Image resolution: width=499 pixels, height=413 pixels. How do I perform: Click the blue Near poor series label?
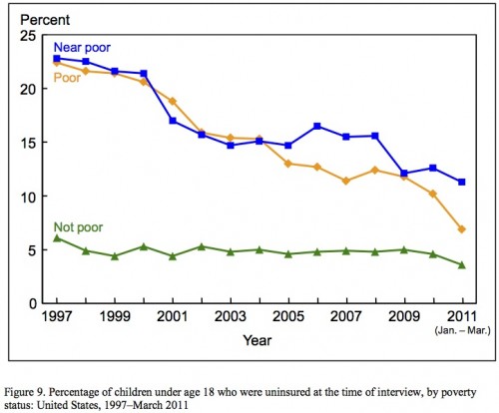(x=82, y=48)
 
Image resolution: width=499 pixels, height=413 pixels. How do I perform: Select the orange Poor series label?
(x=67, y=78)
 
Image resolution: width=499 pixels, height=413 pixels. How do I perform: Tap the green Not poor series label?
(x=78, y=227)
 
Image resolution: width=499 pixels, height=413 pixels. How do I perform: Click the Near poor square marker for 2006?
(x=317, y=126)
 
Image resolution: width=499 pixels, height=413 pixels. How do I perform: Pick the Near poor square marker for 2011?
(x=461, y=182)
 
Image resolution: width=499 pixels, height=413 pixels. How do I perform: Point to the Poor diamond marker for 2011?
(x=461, y=229)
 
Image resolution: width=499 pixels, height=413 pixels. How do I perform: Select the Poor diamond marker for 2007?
(x=346, y=181)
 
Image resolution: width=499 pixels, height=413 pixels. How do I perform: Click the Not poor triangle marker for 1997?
(x=57, y=238)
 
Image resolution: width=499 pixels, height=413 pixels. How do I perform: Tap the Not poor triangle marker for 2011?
(x=461, y=265)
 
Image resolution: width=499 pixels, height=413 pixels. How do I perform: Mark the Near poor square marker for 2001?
(x=173, y=121)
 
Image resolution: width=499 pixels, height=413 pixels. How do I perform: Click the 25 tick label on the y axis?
(x=28, y=36)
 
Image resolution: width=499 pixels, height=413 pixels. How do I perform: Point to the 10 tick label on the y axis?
(x=28, y=197)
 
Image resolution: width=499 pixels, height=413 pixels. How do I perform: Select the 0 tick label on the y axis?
(x=32, y=304)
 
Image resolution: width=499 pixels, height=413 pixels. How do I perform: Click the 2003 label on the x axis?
(x=231, y=316)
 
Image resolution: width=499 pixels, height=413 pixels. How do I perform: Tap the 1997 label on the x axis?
(x=57, y=316)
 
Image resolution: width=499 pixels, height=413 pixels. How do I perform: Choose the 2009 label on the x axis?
(x=403, y=316)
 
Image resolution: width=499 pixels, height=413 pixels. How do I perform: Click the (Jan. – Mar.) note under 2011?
(x=462, y=331)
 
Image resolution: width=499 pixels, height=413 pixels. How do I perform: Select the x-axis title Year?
(x=257, y=340)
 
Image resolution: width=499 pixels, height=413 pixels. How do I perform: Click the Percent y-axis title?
(x=45, y=20)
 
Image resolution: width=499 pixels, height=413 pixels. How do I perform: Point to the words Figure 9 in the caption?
(x=23, y=393)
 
